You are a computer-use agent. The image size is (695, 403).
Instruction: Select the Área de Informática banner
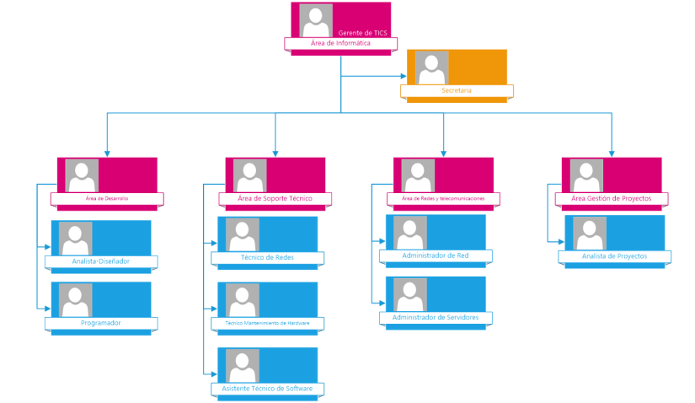340,43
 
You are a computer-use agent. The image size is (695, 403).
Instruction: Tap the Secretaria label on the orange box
456,90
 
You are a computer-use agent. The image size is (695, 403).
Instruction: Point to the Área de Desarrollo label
107,199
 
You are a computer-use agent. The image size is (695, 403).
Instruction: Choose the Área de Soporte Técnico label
275,198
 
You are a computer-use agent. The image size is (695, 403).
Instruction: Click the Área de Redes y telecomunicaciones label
443,199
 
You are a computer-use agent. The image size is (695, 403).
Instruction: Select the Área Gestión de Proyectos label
612,198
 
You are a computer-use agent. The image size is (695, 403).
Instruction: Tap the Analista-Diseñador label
100,261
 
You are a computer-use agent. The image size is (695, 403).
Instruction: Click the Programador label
100,322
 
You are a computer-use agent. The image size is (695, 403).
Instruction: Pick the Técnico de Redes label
268,257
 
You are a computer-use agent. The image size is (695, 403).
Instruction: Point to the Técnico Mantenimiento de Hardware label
268,323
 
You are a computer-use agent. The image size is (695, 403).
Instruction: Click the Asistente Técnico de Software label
268,388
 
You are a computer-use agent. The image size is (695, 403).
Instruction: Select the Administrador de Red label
436,255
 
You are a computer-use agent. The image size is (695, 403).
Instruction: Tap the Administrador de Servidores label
436,317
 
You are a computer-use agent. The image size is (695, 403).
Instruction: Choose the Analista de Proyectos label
614,255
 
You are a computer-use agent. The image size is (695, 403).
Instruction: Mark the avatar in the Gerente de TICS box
315,20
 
